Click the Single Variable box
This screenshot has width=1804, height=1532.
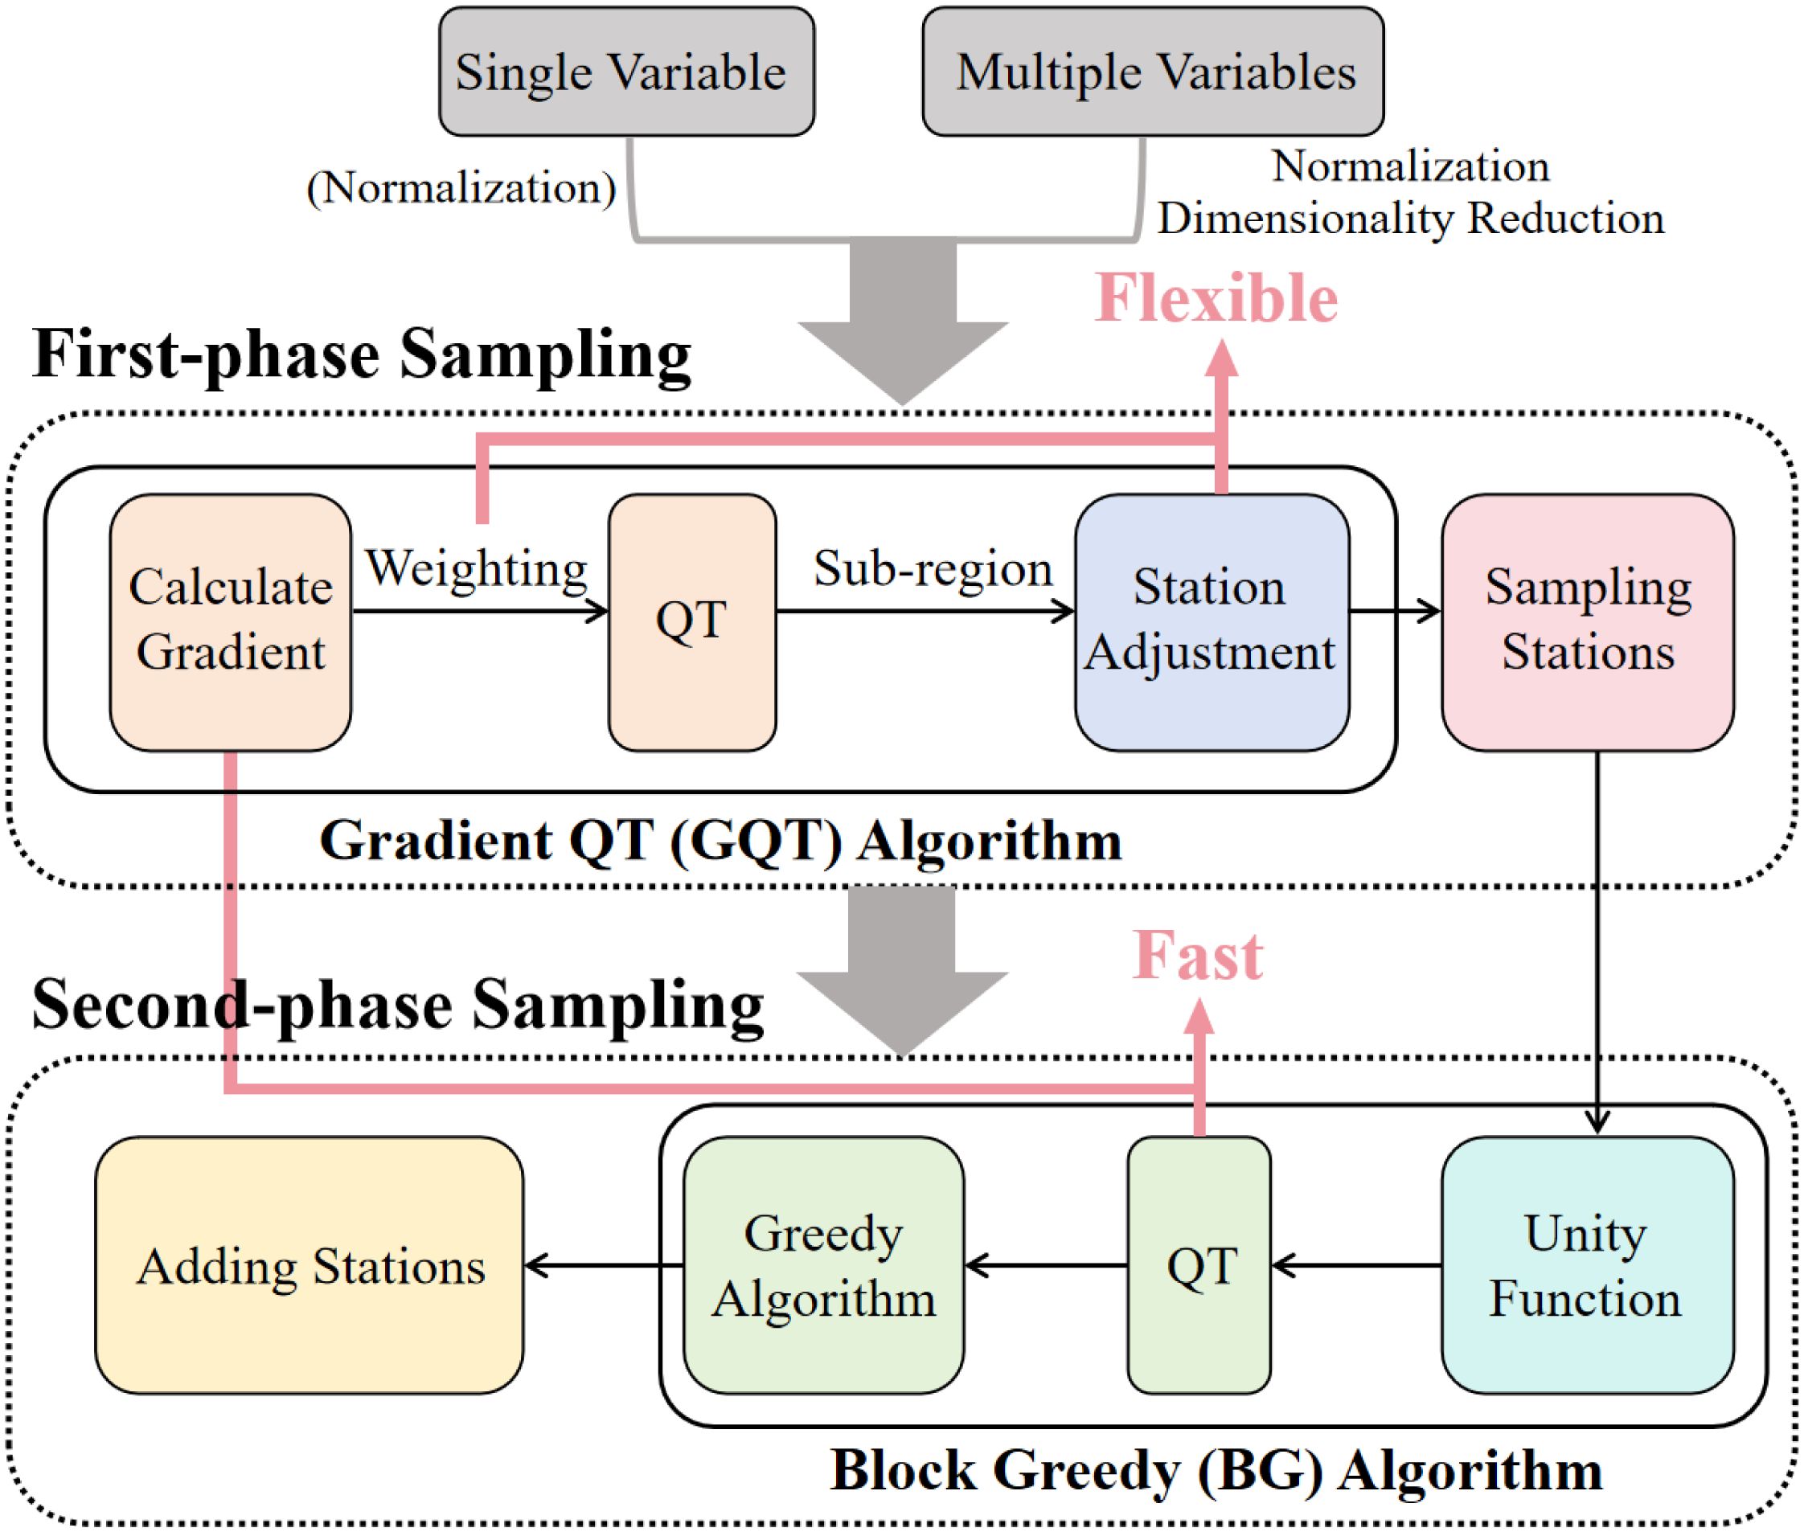626,72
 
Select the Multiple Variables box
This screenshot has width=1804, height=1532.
1153,72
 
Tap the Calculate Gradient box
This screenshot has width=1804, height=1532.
230,621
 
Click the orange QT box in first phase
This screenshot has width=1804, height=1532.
691,621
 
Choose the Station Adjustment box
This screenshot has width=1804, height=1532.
1211,621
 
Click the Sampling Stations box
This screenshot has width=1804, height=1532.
1587,621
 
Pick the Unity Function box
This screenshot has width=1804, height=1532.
1587,1266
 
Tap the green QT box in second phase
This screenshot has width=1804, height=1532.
1199,1266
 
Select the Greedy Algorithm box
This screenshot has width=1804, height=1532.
823,1266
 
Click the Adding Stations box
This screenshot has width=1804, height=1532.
310,1266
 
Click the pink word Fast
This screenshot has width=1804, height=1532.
1197,956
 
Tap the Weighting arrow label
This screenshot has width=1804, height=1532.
476,570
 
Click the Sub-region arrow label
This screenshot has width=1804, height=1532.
932,570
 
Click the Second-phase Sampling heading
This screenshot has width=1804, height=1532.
398,1005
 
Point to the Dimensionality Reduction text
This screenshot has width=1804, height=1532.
1409,218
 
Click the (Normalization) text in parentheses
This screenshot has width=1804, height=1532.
461,187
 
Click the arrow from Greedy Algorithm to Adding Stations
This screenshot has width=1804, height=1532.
604,1266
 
